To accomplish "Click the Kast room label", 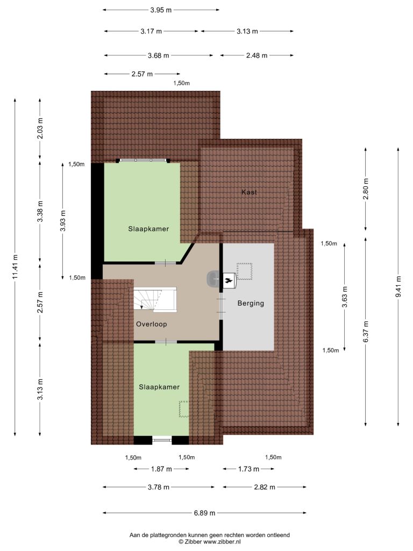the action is (249, 192).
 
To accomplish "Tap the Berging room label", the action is (251, 303).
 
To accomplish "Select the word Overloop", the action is (151, 324).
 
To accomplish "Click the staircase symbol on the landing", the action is (155, 300).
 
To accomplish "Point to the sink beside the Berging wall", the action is (213, 279).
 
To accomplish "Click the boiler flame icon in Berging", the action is (229, 280).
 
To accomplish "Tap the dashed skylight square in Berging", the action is (245, 271).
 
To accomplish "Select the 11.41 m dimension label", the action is (15, 267).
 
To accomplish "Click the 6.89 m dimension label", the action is (204, 513).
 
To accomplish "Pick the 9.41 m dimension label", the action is (398, 286).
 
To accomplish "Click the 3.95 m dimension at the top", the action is (161, 10).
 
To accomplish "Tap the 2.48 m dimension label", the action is (257, 55).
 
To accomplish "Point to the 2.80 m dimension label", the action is (366, 189).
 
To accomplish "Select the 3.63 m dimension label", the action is (345, 297).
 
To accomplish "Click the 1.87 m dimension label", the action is (161, 469).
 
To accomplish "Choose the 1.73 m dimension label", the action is (248, 469).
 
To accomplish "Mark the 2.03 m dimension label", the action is (40, 128).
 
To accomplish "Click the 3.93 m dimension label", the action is (62, 221).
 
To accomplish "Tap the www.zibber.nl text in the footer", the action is (222, 542).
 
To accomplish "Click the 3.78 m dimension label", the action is (159, 487).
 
